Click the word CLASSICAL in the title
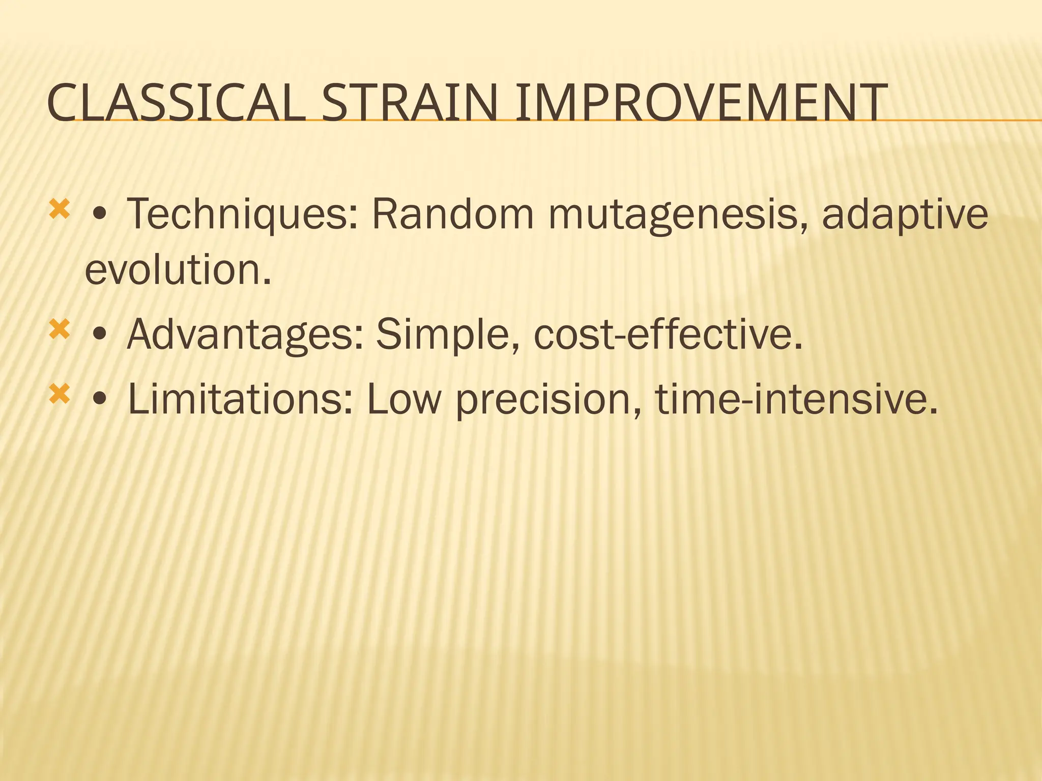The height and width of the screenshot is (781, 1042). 176,104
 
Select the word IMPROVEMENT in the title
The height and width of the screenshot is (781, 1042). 701,104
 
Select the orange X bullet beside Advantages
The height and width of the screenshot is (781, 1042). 59,331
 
